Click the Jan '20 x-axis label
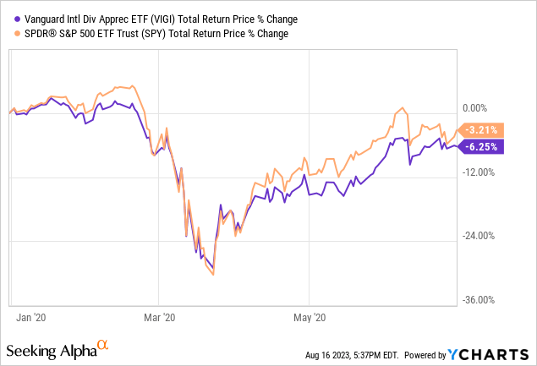pos(30,317)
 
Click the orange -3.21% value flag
pos(482,129)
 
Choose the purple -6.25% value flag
pos(482,145)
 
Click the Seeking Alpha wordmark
pos(51,349)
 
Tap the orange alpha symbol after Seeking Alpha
pos(103,345)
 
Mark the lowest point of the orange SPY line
pos(214,274)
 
